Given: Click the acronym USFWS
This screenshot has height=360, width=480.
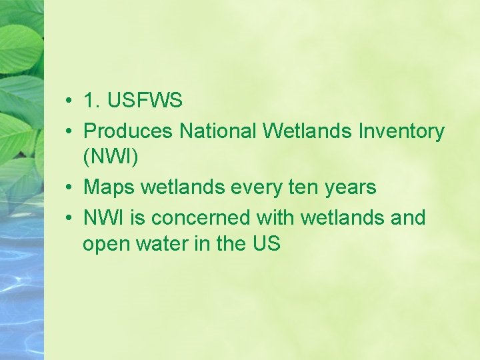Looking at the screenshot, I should [144, 101].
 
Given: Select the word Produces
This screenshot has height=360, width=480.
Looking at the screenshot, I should [129, 131].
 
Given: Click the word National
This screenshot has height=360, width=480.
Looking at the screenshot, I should [219, 131].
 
